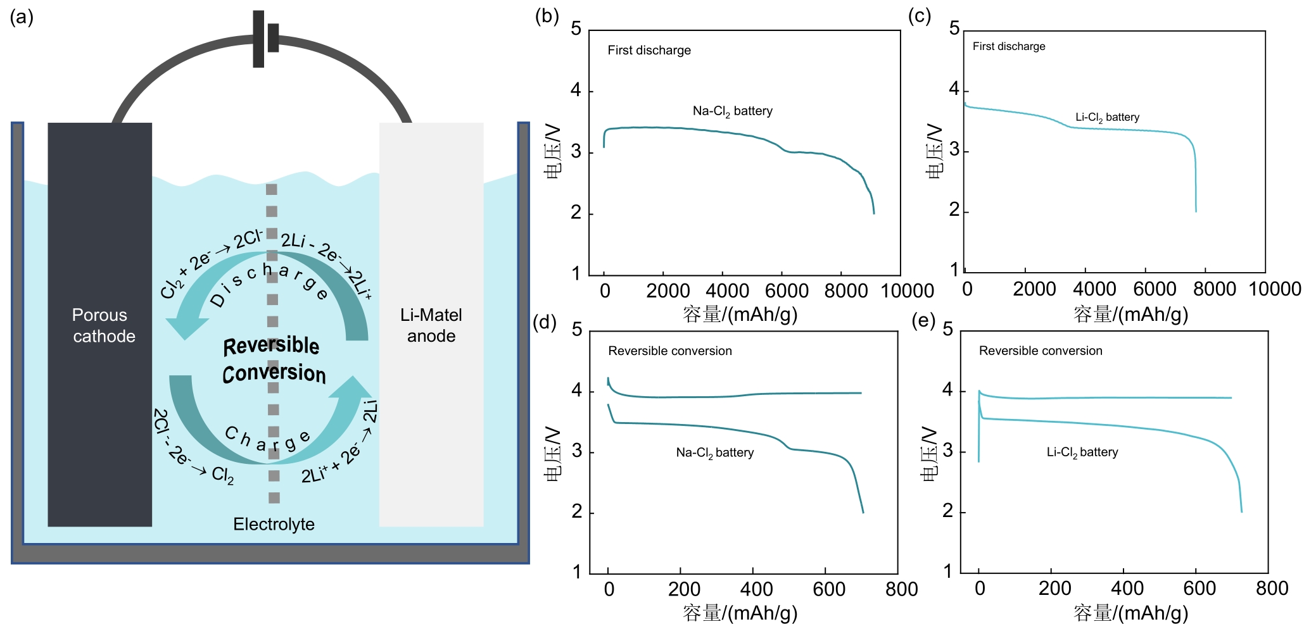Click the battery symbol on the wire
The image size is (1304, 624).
coord(265,39)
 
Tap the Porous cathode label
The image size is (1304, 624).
coord(101,325)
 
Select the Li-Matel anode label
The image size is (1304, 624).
coord(431,325)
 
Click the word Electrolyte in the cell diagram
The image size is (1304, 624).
coord(274,524)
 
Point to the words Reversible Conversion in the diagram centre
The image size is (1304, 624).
coord(273,359)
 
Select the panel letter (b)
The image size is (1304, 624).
coord(547,16)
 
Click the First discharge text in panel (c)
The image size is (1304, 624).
coord(1009,46)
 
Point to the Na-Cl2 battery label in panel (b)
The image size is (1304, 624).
coord(732,111)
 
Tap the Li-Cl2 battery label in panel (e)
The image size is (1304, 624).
coord(1082,452)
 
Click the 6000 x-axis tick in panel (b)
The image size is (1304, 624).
coord(786,291)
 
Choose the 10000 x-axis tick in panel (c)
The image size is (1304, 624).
coord(1274,289)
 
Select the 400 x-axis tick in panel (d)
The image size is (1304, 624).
coord(756,589)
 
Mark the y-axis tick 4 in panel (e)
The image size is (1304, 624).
coord(947,389)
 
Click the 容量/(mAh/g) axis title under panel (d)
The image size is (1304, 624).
coord(740,612)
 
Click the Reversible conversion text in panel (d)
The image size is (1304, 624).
coord(669,351)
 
